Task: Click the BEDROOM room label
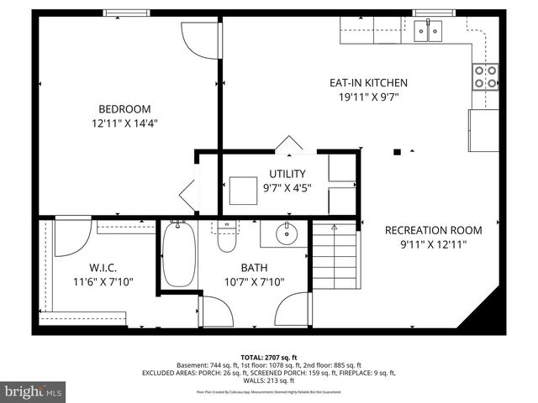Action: coord(124,108)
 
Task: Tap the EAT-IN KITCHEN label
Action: coord(367,82)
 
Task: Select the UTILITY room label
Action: coord(287,174)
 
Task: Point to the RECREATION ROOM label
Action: coord(433,230)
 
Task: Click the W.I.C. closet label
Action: coord(102,268)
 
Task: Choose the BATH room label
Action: coord(254,268)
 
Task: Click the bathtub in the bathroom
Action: coord(177,254)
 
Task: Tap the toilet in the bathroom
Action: coord(227,237)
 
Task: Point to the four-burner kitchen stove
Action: coord(485,76)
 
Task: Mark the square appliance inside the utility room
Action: coord(244,190)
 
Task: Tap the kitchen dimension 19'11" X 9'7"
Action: coord(367,97)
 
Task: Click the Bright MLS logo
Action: coord(34,391)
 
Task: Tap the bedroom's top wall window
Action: coord(126,13)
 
